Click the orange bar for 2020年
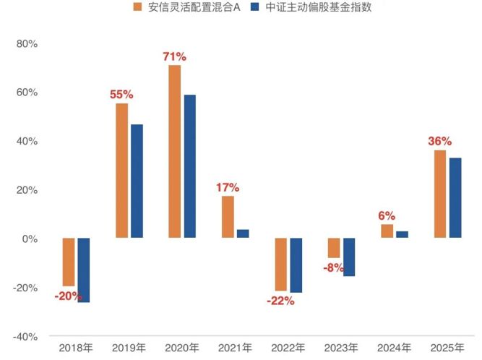click(174, 151)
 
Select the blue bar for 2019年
click(137, 181)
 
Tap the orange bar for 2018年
click(69, 262)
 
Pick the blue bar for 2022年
click(296, 265)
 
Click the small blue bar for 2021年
click(243, 233)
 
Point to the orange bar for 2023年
click(334, 248)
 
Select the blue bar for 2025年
click(455, 197)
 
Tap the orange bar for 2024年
click(387, 231)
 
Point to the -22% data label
click(280, 300)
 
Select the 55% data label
click(121, 94)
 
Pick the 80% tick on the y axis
click(27, 43)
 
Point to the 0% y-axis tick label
click(30, 239)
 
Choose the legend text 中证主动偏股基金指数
click(311, 8)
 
